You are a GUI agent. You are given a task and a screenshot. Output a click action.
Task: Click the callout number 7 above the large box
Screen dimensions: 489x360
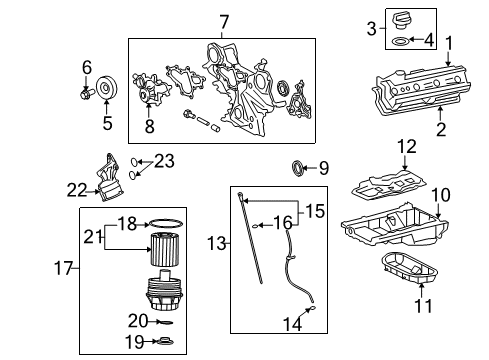tap(224, 22)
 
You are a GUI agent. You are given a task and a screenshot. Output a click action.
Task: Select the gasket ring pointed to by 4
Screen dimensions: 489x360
tap(400, 41)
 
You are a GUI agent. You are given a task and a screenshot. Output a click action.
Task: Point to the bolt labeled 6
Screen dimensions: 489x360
tap(87, 93)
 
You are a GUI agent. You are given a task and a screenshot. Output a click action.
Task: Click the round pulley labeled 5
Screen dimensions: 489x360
tap(107, 88)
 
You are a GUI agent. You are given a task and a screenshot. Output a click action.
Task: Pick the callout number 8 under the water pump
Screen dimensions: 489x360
tap(150, 126)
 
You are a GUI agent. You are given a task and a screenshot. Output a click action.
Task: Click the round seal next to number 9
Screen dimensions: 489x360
tap(298, 168)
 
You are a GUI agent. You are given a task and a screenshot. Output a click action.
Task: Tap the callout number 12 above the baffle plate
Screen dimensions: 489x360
tap(407, 147)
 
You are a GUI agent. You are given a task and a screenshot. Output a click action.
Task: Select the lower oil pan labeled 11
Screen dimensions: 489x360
tap(409, 269)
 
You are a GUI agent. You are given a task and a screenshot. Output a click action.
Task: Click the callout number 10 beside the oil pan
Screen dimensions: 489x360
tap(440, 195)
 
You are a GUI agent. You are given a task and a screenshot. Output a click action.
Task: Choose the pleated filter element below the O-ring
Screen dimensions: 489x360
tap(165, 249)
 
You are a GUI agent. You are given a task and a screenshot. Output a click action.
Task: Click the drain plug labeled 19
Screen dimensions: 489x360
tap(166, 341)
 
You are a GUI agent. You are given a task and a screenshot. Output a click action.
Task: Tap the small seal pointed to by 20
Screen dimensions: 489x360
tap(165, 322)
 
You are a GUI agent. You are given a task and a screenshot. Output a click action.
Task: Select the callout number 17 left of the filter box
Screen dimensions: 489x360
tap(63, 268)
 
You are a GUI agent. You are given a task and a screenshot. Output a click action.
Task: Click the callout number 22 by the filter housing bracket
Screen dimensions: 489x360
tap(77, 190)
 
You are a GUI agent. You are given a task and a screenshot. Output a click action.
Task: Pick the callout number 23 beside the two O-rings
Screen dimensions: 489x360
tap(164, 161)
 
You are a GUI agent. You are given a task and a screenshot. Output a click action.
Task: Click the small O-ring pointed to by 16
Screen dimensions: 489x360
tap(255, 226)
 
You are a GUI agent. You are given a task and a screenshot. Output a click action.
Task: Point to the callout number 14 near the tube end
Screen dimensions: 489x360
tap(292, 324)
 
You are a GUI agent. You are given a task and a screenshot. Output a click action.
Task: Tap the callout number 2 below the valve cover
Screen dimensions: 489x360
tap(441, 129)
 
